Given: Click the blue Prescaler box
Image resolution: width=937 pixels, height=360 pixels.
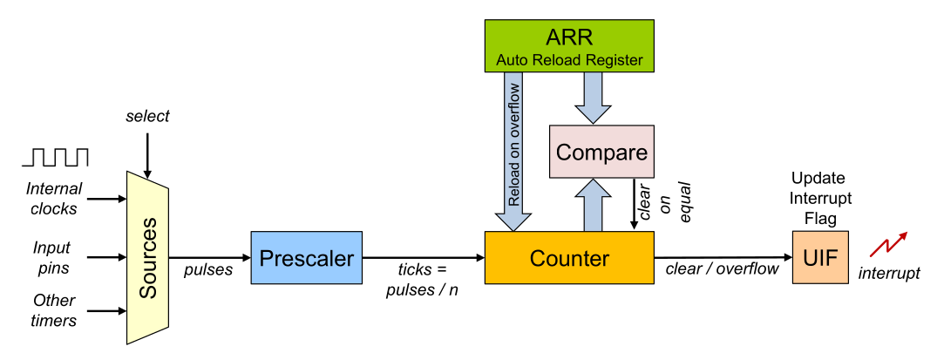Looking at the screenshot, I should coord(306,257).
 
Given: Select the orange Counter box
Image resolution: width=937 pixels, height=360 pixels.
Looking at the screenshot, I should coord(569,257).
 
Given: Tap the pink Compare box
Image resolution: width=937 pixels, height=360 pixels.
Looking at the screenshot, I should coord(601,153).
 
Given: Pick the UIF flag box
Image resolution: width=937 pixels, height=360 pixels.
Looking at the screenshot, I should coord(819,257).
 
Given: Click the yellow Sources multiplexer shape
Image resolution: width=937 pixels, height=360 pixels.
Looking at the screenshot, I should coord(148,257).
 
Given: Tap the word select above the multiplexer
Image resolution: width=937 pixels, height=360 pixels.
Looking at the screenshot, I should coord(147,116).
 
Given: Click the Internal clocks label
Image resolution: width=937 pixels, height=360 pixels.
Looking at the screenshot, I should coord(54,198).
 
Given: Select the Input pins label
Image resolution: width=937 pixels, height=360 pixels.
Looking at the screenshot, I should coord(52,257).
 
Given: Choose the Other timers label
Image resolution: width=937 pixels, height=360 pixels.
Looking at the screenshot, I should coord(54,310).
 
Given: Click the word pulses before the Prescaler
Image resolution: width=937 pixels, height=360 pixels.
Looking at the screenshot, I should coord(208,270).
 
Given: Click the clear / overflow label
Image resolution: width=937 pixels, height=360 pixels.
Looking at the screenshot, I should coord(722,269).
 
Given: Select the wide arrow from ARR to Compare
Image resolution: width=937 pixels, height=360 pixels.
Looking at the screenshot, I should coord(593,96).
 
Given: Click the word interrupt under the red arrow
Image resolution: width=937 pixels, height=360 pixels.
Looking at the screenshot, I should coord(889,274).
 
